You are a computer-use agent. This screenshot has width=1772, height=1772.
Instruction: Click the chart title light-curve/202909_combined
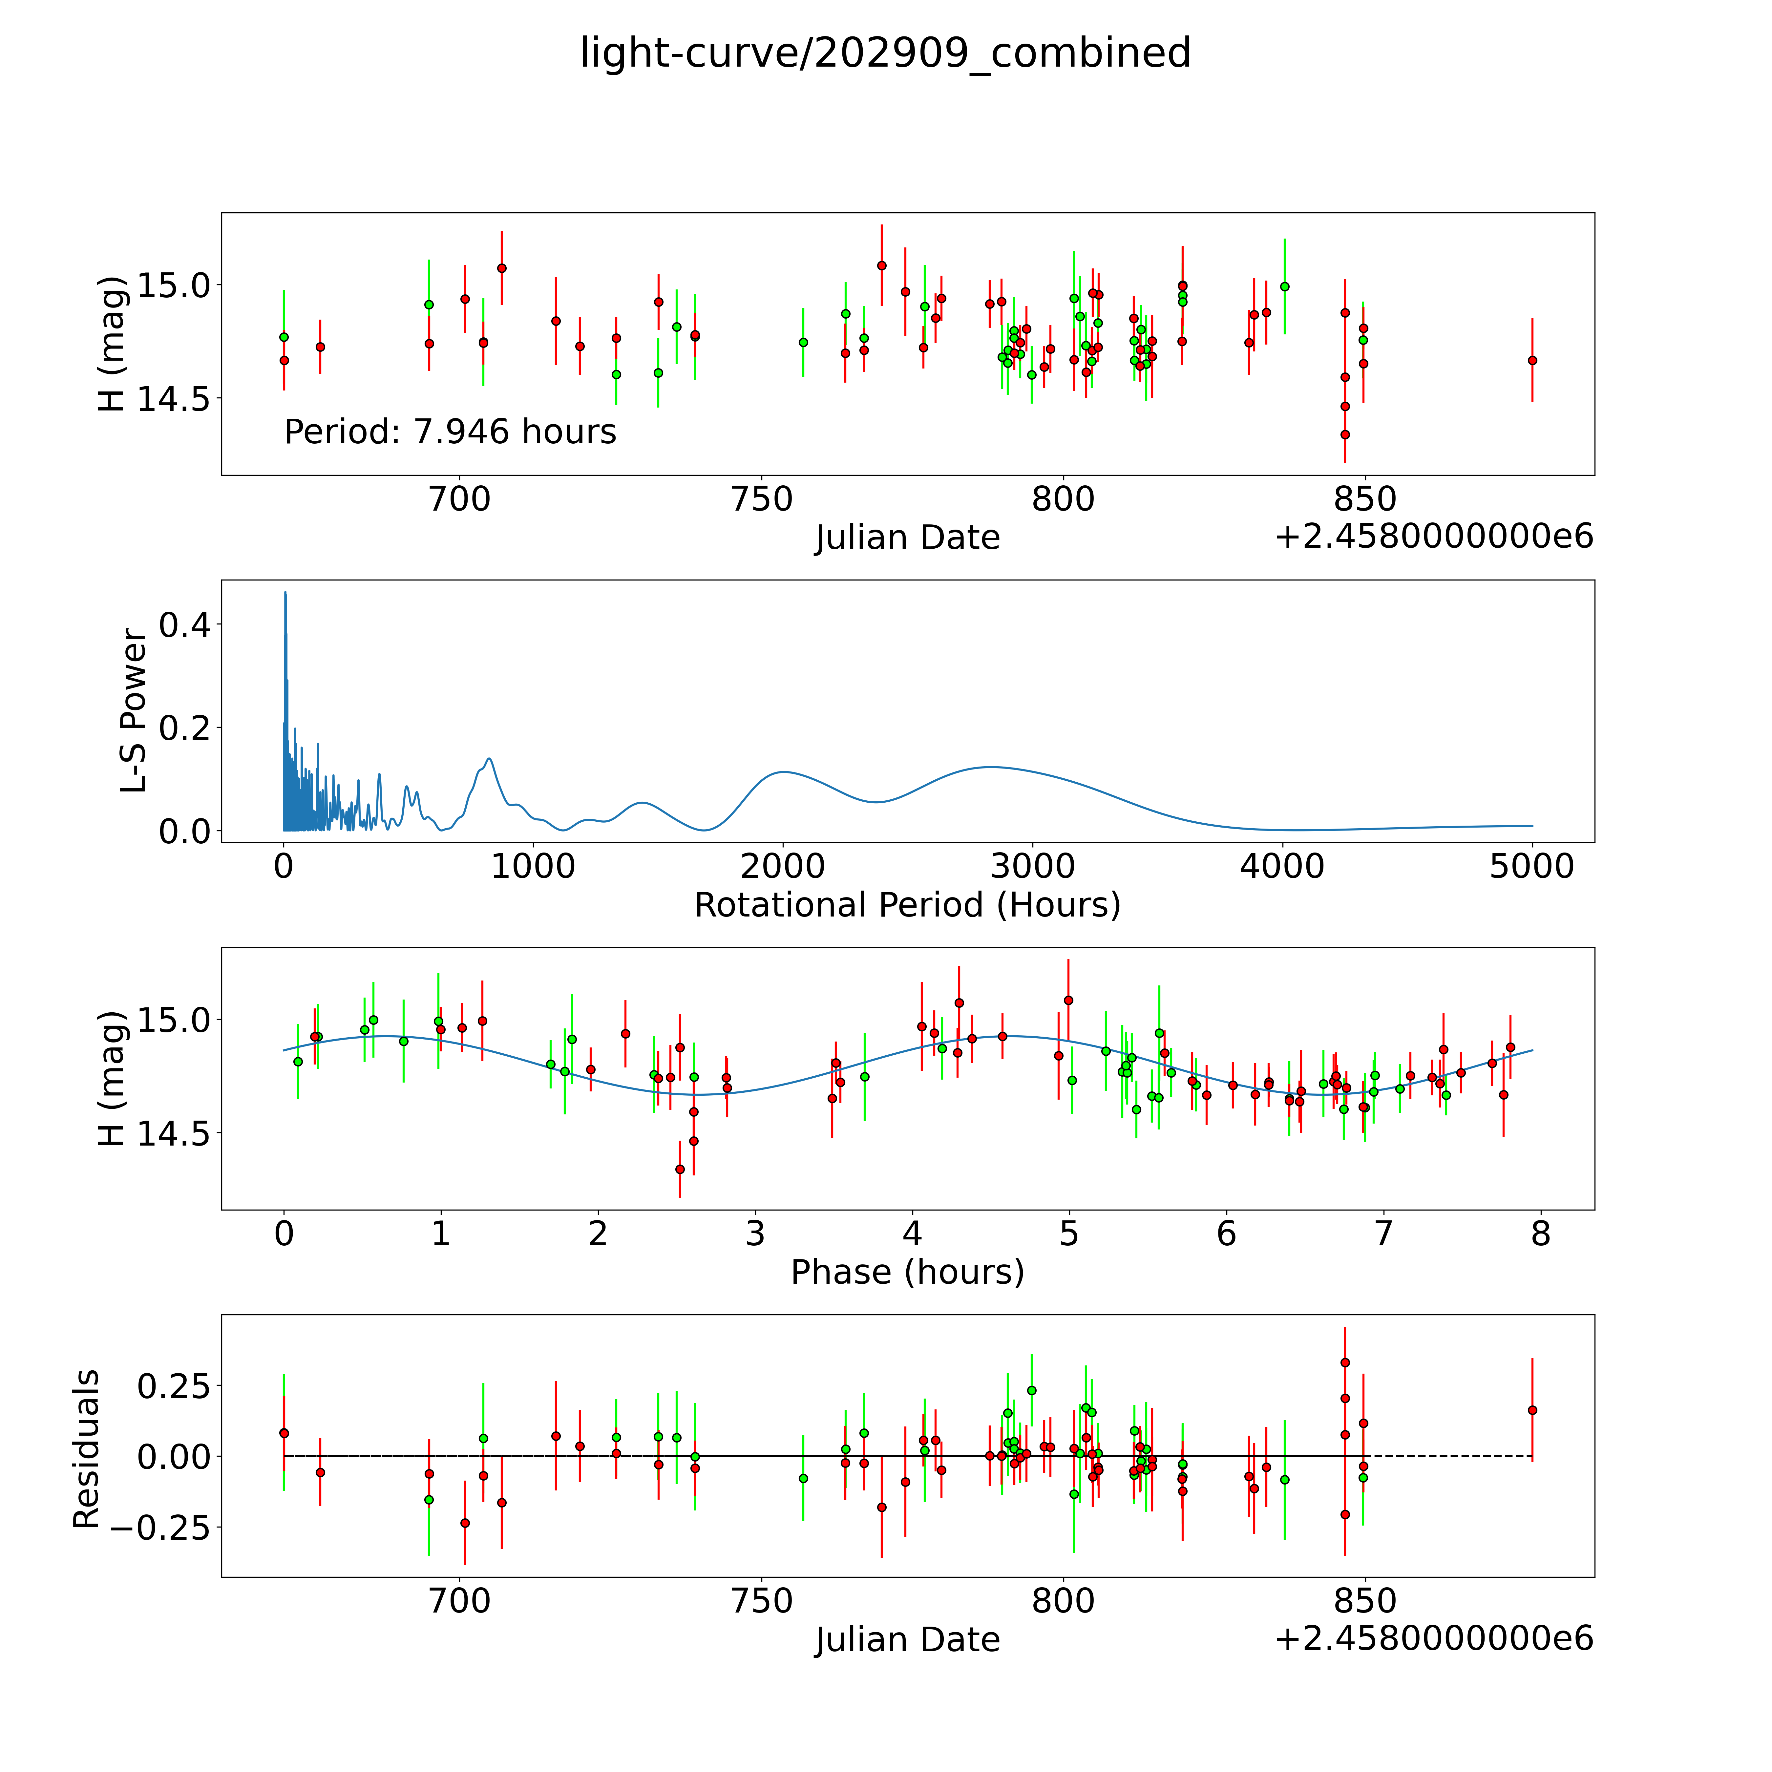(885, 53)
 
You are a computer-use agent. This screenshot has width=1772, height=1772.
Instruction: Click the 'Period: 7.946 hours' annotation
(450, 432)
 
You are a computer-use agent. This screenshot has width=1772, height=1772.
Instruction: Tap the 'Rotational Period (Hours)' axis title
(907, 905)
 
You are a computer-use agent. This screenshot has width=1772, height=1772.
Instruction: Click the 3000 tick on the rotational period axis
(1033, 866)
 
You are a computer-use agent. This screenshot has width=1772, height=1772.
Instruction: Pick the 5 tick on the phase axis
(1068, 1234)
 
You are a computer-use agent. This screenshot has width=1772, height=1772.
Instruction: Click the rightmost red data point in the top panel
(1532, 360)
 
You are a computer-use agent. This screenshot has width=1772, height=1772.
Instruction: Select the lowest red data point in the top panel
(1345, 435)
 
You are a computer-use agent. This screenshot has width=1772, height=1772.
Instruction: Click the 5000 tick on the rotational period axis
(1532, 866)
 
